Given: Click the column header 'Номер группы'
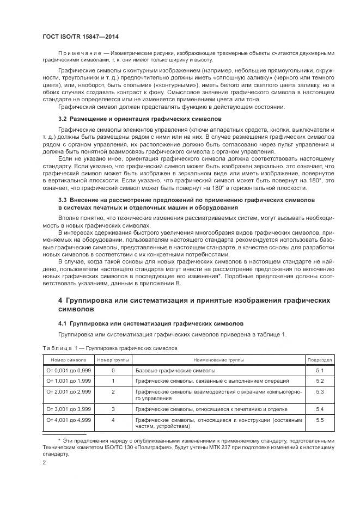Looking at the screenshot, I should pyautogui.click(x=113, y=359).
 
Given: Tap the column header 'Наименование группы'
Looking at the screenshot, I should pyautogui.click(x=218, y=359).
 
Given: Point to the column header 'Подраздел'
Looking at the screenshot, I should pyautogui.click(x=320, y=359).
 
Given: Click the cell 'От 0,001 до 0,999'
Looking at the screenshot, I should pyautogui.click(x=68, y=370).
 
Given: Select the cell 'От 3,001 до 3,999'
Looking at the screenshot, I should pyautogui.click(x=68, y=408).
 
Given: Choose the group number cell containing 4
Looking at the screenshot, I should pyautogui.click(x=113, y=420).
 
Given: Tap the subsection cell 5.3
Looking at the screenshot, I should pyautogui.click(x=320, y=391).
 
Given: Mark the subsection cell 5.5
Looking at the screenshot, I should pyautogui.click(x=320, y=420).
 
